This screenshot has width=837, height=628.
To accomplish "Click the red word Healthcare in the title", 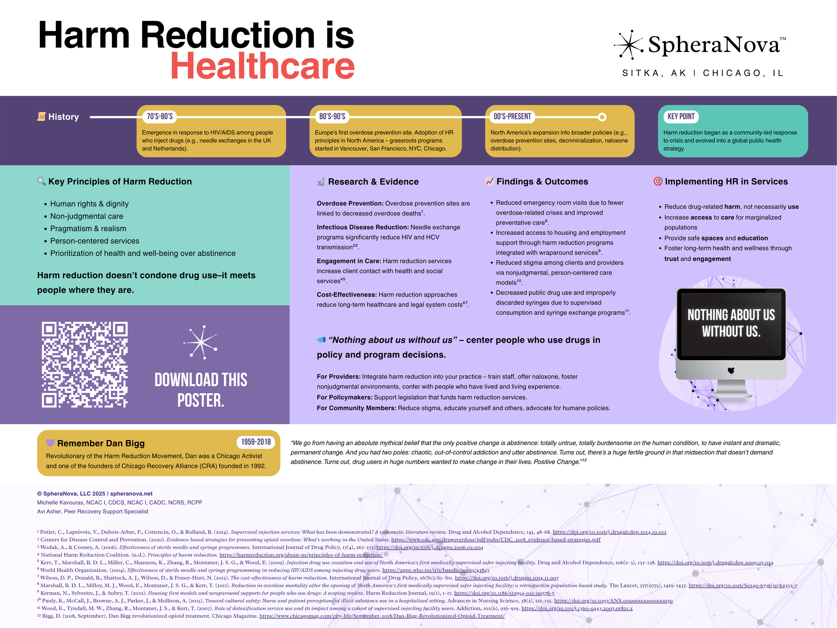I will coord(262,66).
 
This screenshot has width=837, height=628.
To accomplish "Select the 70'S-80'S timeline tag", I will coord(160,117).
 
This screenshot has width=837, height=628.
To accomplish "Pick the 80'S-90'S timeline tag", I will coord(332,117).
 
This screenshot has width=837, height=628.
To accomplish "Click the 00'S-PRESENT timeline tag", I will coord(512,117).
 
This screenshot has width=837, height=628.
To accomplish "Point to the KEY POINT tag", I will coord(681,117).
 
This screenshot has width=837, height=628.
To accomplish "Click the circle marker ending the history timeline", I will coord(602,117).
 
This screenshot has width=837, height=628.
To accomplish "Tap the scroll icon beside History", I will coord(41,117).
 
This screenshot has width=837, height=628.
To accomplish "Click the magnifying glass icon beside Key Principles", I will coord(41,181).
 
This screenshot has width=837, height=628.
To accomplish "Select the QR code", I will coord(85,364).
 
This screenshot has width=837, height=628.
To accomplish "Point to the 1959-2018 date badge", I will coord(256,442).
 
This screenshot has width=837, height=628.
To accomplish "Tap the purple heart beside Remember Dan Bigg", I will coord(50,443).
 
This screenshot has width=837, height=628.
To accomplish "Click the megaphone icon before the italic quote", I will coord(321,340).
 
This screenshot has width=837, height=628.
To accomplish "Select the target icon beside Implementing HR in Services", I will coord(658,181).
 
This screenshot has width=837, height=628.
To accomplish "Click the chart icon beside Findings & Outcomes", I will coord(489,181).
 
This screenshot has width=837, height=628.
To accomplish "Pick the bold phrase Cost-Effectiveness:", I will coord(347,294).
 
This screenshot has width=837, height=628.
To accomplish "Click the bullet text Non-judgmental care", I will coord(87,216).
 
